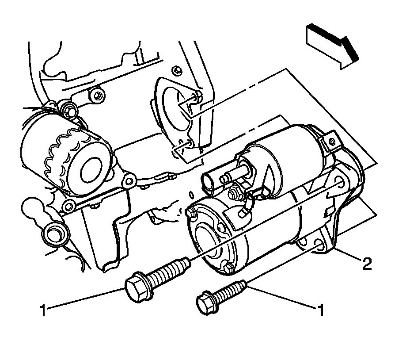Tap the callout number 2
click(366, 265)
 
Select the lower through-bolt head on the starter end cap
click(228, 268)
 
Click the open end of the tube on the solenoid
click(207, 181)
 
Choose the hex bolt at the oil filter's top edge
click(68, 108)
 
